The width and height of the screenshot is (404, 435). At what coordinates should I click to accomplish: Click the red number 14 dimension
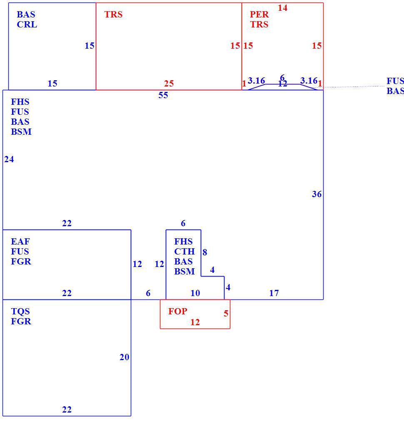click(x=282, y=8)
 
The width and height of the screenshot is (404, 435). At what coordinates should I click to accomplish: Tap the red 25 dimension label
click(x=169, y=84)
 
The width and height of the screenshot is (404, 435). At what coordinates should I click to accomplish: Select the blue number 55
click(x=163, y=95)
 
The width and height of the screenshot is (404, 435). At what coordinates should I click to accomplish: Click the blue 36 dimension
click(x=317, y=194)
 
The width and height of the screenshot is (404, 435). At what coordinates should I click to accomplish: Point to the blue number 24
click(x=9, y=159)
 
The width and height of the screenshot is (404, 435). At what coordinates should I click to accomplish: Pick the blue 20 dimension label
click(x=124, y=357)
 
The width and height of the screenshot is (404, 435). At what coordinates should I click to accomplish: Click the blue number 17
click(x=274, y=293)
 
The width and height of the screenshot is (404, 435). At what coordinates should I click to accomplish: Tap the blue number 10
click(x=195, y=293)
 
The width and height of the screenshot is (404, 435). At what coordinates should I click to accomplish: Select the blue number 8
click(x=205, y=252)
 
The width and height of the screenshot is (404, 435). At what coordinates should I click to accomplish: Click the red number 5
click(x=226, y=314)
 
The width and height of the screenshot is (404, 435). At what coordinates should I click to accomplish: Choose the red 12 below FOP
click(x=195, y=322)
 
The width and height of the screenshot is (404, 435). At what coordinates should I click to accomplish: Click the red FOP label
click(x=177, y=311)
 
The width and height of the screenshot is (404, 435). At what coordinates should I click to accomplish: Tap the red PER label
click(x=259, y=15)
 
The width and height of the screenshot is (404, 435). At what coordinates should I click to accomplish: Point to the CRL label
click(x=27, y=25)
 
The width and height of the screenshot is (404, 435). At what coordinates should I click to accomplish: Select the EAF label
click(x=20, y=241)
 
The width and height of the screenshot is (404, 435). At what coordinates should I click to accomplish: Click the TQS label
click(x=20, y=311)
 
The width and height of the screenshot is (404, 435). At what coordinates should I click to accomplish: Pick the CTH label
click(x=184, y=251)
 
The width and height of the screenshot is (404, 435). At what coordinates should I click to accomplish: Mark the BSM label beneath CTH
click(x=184, y=271)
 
